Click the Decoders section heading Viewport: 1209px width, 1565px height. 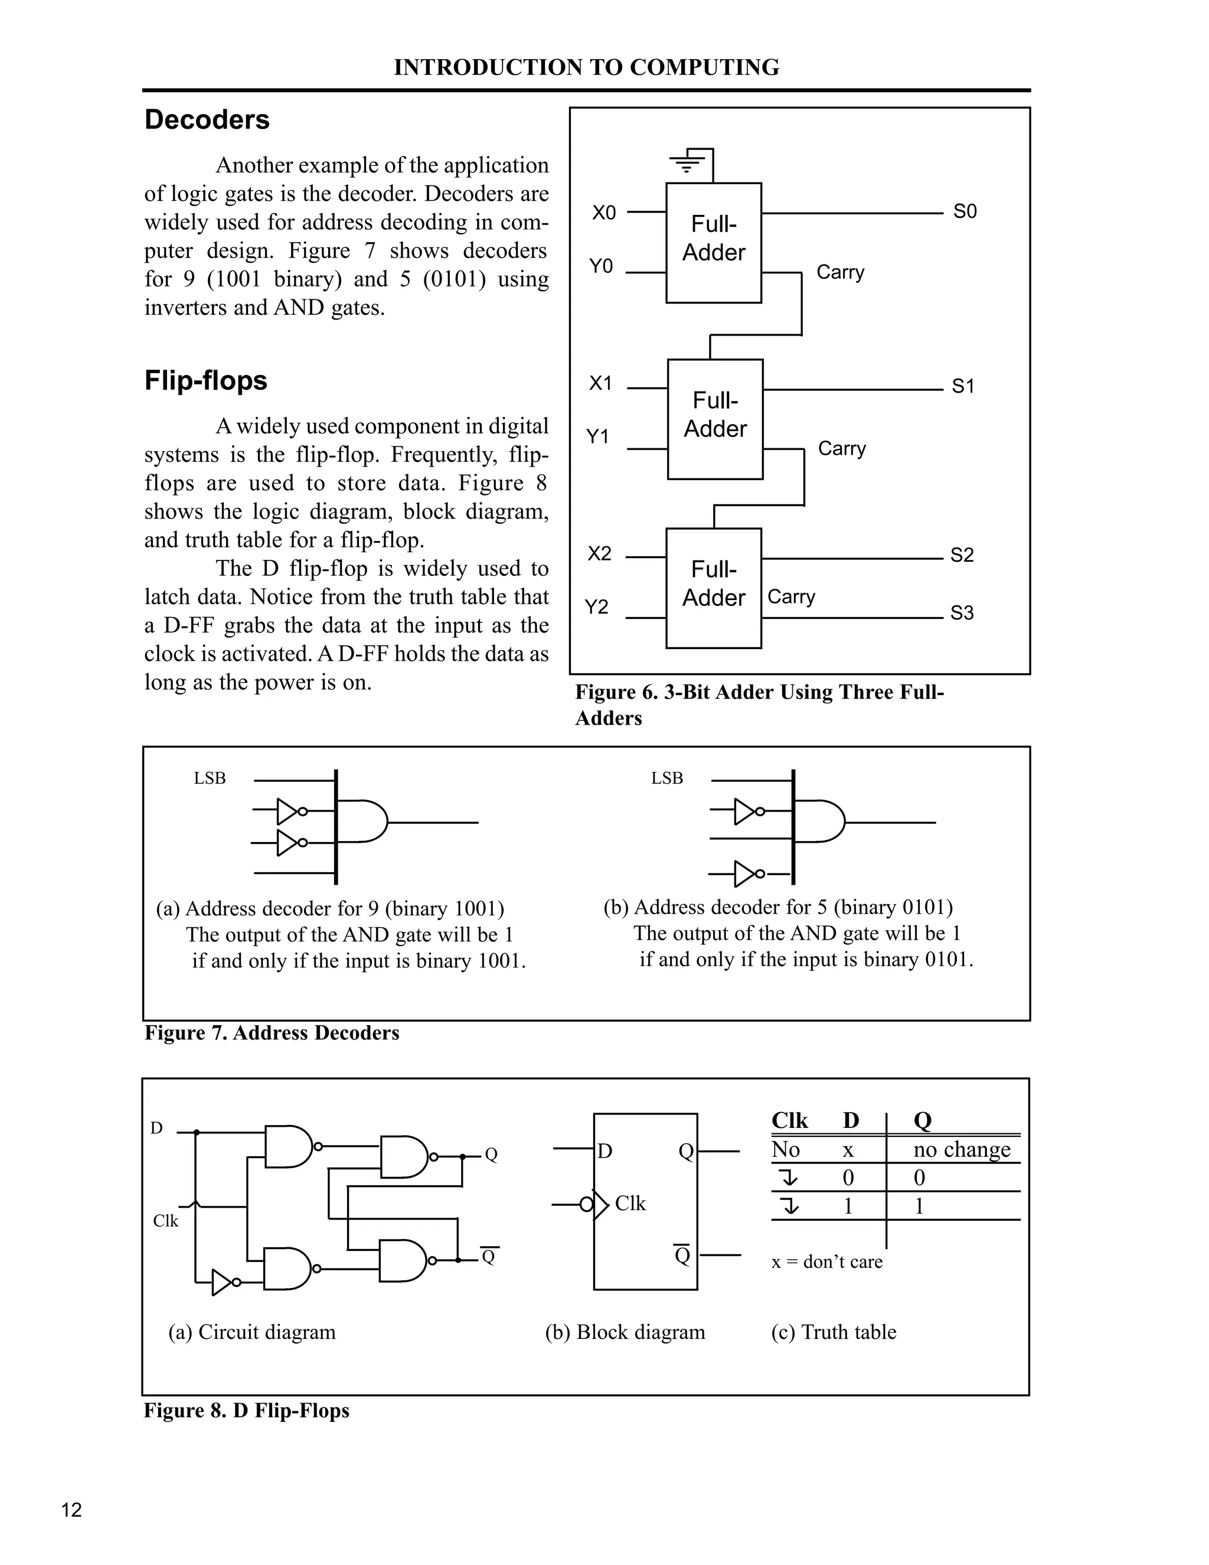coord(207,120)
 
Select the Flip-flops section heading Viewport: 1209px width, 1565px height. coord(205,380)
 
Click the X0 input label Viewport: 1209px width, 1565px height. coord(604,213)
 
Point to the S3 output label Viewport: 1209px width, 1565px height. coord(962,612)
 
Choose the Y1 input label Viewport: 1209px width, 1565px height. coord(598,436)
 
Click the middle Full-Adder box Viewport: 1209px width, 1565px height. coord(715,419)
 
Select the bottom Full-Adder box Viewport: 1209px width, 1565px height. coord(713,588)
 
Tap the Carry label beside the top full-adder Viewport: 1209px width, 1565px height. coord(840,272)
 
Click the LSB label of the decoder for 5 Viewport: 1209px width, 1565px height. coord(667,778)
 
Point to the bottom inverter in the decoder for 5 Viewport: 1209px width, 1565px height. coord(746,874)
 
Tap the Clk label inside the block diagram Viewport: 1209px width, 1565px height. coord(630,1203)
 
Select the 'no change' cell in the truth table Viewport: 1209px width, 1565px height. coord(961,1150)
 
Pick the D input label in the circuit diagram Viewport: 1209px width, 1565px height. coord(156,1129)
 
